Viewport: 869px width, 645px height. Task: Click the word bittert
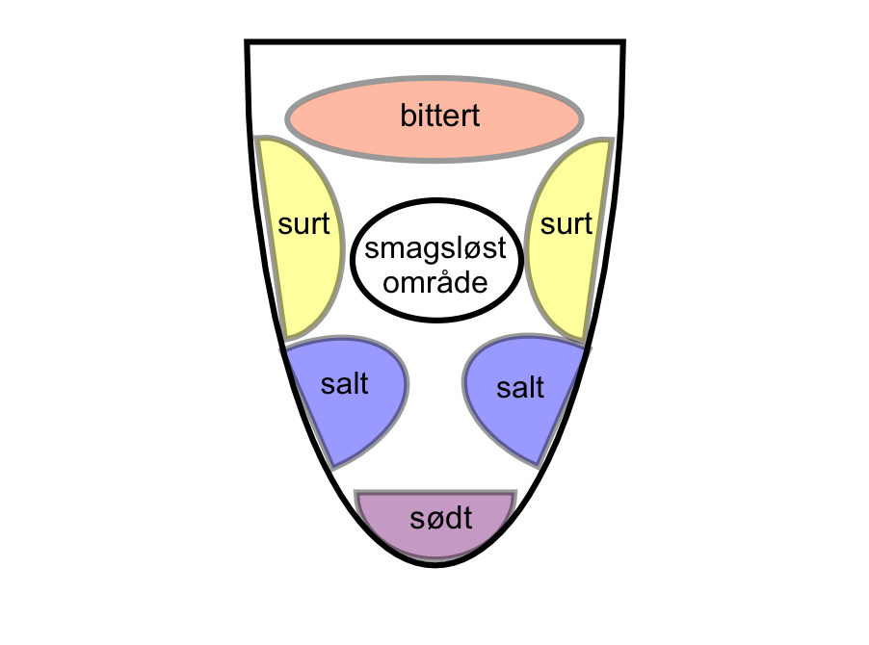click(440, 116)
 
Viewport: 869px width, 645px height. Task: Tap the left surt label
click(303, 224)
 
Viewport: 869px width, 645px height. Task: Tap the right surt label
click(566, 224)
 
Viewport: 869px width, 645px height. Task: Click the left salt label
click(344, 384)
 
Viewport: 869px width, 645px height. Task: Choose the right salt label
click(520, 388)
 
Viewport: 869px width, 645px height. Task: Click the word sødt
click(440, 519)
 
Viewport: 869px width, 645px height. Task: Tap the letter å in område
click(447, 283)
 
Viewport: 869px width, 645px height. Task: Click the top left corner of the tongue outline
click(248, 41)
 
